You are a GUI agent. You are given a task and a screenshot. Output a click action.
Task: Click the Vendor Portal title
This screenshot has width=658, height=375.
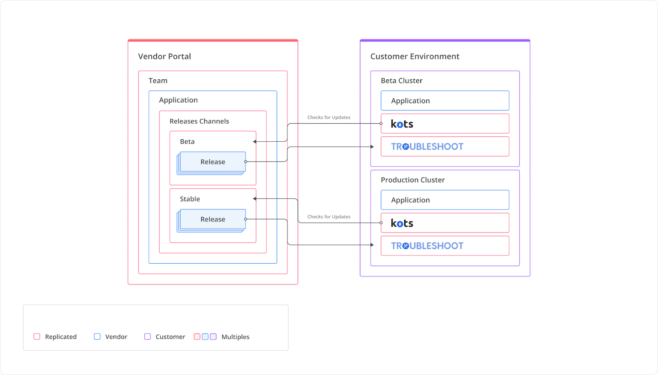[x=164, y=56]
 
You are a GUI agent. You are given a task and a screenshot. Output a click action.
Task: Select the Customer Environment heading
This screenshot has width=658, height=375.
[x=415, y=56]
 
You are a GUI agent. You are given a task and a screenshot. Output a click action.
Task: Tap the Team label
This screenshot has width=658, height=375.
[x=158, y=81]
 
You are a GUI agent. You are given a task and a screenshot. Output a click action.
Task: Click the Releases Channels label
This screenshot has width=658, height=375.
[x=199, y=121]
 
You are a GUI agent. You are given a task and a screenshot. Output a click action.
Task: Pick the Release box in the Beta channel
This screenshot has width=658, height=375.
[x=213, y=162]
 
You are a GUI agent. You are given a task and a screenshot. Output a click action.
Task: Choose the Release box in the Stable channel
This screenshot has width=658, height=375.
[x=213, y=219]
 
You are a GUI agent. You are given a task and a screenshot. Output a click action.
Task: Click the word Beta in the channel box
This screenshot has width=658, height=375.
[x=187, y=141]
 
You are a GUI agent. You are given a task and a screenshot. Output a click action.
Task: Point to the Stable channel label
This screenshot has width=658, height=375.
[x=190, y=199]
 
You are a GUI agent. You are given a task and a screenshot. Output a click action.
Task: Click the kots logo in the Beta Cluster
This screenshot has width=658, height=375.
[x=402, y=124]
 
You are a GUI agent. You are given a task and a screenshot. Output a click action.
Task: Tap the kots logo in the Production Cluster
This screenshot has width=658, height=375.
[x=402, y=223]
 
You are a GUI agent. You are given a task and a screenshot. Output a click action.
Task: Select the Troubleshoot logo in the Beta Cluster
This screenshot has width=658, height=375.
[x=427, y=147]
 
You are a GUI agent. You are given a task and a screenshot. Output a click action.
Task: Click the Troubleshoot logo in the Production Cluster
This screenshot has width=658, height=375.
[x=427, y=246]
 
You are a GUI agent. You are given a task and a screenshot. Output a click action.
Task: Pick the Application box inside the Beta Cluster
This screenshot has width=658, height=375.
[x=445, y=101]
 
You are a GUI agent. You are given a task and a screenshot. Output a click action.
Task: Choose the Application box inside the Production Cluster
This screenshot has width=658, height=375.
[x=445, y=200]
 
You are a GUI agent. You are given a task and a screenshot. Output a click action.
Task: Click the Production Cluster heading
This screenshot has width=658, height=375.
[x=412, y=180]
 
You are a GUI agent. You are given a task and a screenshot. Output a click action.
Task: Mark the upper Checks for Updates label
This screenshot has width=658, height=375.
[x=329, y=117]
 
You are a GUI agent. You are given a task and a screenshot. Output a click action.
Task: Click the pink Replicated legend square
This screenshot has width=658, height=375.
[x=37, y=336]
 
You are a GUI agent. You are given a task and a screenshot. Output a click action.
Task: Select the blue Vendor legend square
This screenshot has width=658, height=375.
[x=97, y=336]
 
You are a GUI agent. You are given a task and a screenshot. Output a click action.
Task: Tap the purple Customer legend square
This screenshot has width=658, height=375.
[x=148, y=336]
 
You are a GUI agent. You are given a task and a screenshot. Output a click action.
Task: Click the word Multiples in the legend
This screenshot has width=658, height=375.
[x=235, y=337]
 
